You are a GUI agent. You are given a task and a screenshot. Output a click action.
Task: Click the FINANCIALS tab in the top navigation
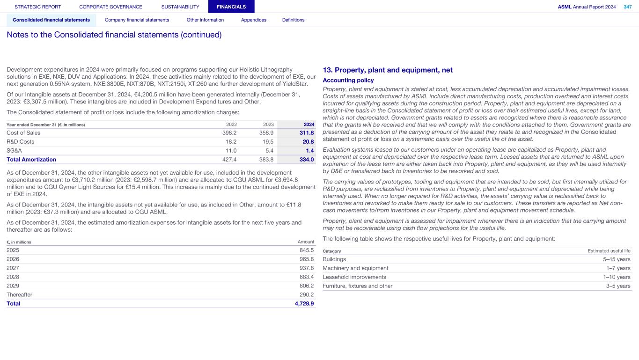tap(231, 7)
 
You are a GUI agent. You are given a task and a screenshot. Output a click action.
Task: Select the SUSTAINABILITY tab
tap(180, 7)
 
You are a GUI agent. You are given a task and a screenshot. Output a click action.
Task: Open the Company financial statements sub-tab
tap(137, 20)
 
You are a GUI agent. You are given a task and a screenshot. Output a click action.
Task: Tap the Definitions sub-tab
tap(293, 20)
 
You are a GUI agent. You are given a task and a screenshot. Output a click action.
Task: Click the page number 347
tap(627, 7)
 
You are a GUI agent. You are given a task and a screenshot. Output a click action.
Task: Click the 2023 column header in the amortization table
tap(268, 125)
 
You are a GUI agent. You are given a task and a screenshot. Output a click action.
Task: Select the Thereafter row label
tap(19, 295)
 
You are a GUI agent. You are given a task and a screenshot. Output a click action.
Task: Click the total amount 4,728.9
tap(303, 304)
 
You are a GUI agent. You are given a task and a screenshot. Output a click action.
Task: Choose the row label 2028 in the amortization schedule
tap(13, 277)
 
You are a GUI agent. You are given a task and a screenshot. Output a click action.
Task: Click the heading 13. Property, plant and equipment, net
tap(388, 70)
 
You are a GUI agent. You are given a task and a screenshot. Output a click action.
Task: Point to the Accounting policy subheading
tap(348, 81)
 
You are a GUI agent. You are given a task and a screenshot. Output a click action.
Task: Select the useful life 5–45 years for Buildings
tap(617, 259)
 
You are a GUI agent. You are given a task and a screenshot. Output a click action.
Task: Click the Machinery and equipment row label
tap(355, 268)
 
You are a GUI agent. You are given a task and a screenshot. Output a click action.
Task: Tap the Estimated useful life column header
tap(609, 251)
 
